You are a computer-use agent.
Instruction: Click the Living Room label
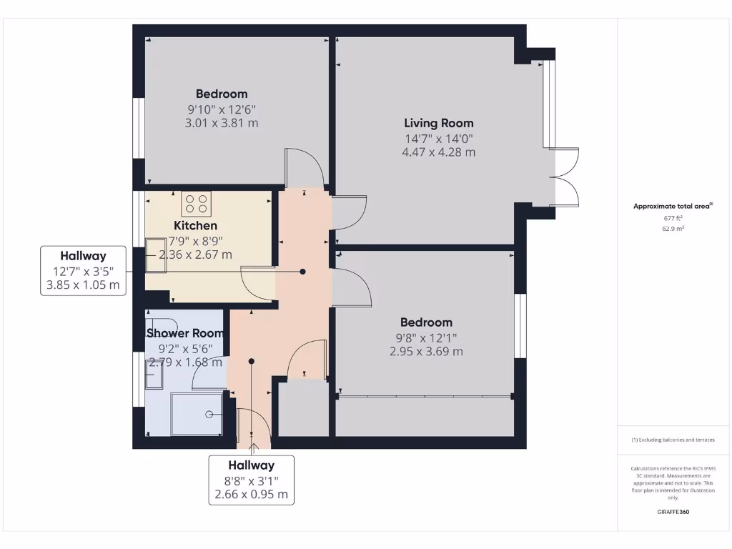pyautogui.click(x=438, y=123)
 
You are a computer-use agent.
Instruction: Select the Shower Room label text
pyautogui.click(x=185, y=333)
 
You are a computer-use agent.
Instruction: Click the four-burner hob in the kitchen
pyautogui.click(x=197, y=204)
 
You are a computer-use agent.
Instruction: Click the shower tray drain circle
pyautogui.click(x=209, y=415)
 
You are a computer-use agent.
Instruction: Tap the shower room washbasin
pyautogui.click(x=154, y=373)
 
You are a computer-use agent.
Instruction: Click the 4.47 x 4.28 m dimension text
pyautogui.click(x=438, y=152)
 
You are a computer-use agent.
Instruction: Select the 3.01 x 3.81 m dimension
pyautogui.click(x=222, y=123)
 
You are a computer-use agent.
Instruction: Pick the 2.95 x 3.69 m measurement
pyautogui.click(x=426, y=352)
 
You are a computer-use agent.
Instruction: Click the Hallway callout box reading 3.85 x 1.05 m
pyautogui.click(x=83, y=271)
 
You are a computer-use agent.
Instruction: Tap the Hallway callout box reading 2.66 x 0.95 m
pyautogui.click(x=251, y=480)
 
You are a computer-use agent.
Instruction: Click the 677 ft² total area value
pyautogui.click(x=672, y=218)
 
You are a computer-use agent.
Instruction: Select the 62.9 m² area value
pyautogui.click(x=672, y=229)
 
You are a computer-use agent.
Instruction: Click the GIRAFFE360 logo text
pyautogui.click(x=672, y=512)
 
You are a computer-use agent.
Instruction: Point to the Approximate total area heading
pyautogui.click(x=672, y=206)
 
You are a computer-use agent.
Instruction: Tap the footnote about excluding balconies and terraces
pyautogui.click(x=672, y=440)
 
